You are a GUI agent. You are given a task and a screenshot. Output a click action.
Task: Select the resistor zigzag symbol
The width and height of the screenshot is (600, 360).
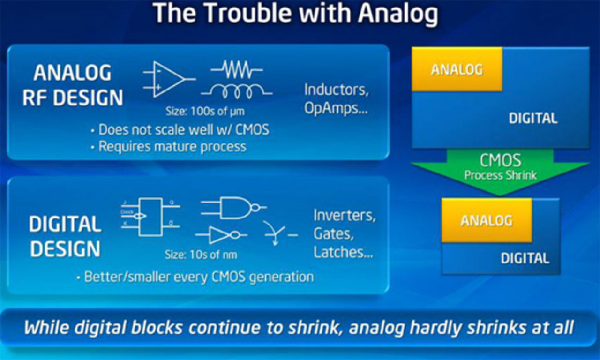point(237,71)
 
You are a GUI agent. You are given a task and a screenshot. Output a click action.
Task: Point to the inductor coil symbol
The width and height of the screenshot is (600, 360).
point(237,92)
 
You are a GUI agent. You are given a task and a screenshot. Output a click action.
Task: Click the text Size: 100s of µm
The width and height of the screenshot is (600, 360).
point(205,112)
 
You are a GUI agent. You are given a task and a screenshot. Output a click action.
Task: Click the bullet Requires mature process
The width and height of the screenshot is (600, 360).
point(172,146)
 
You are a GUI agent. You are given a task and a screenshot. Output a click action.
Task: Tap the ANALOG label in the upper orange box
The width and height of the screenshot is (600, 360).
point(457,69)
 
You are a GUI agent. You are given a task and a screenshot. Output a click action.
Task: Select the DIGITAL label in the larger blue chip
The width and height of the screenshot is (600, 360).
point(533,118)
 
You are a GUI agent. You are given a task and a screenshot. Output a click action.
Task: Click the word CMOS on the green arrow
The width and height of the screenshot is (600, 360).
point(500,161)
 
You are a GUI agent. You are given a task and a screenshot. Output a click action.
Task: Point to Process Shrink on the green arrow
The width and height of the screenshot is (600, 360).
point(500,176)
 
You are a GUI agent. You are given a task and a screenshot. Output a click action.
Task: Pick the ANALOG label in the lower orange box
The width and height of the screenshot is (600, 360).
point(487,220)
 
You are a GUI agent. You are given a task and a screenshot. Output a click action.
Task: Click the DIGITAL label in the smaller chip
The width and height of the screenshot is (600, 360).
point(525,258)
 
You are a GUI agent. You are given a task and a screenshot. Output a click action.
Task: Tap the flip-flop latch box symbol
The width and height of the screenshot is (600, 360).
point(150,216)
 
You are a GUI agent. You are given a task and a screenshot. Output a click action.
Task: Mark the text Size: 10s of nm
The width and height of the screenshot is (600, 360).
point(201,255)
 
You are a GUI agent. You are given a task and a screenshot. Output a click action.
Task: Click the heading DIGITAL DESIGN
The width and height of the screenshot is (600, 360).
point(65,236)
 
